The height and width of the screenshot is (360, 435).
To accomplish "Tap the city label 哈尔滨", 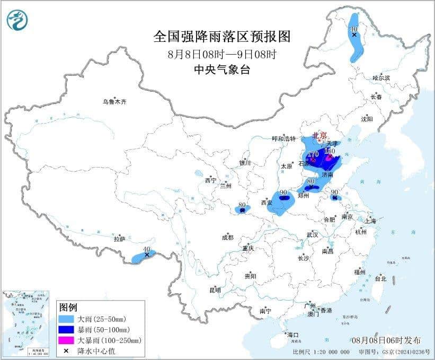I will point(380,78).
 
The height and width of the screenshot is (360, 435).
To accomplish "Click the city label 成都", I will point(227,237).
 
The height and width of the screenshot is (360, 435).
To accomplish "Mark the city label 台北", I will point(380,278).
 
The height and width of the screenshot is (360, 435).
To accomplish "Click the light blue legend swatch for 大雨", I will point(67,319).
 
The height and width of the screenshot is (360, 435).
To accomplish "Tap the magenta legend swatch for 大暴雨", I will point(67,340).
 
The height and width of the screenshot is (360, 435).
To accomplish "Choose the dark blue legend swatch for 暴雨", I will point(67,330).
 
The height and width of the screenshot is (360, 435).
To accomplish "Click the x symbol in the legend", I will point(67,350).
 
